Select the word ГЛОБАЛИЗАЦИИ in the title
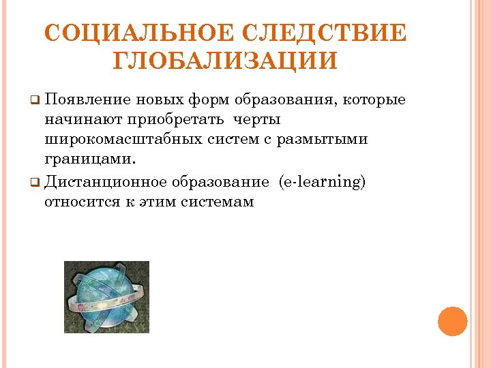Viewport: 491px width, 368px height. [224, 61]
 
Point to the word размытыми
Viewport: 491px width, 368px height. [331, 140]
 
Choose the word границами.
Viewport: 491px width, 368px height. [90, 159]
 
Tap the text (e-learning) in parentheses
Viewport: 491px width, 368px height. [322, 182]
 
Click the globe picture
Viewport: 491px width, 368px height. [106, 297]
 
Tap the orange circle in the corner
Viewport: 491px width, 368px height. [452, 322]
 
